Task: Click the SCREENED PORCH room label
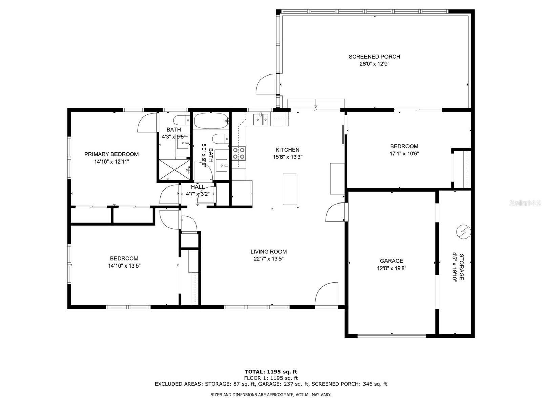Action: coord(374,57)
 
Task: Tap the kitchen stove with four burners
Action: coord(239,153)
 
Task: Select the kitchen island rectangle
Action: coord(290,189)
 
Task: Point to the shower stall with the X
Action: coord(174,170)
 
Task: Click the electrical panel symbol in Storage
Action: coord(463,232)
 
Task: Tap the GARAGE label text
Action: coord(392,261)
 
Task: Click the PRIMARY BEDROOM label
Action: coord(111,154)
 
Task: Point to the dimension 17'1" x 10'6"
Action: coord(404,153)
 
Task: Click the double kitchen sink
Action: coord(261,119)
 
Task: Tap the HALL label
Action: coord(197,187)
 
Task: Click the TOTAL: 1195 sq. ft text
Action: coord(271,372)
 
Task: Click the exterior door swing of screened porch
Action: coord(266,84)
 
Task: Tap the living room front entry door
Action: coord(327,295)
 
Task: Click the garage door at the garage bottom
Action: coord(392,336)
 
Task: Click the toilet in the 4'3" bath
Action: coord(182,120)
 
